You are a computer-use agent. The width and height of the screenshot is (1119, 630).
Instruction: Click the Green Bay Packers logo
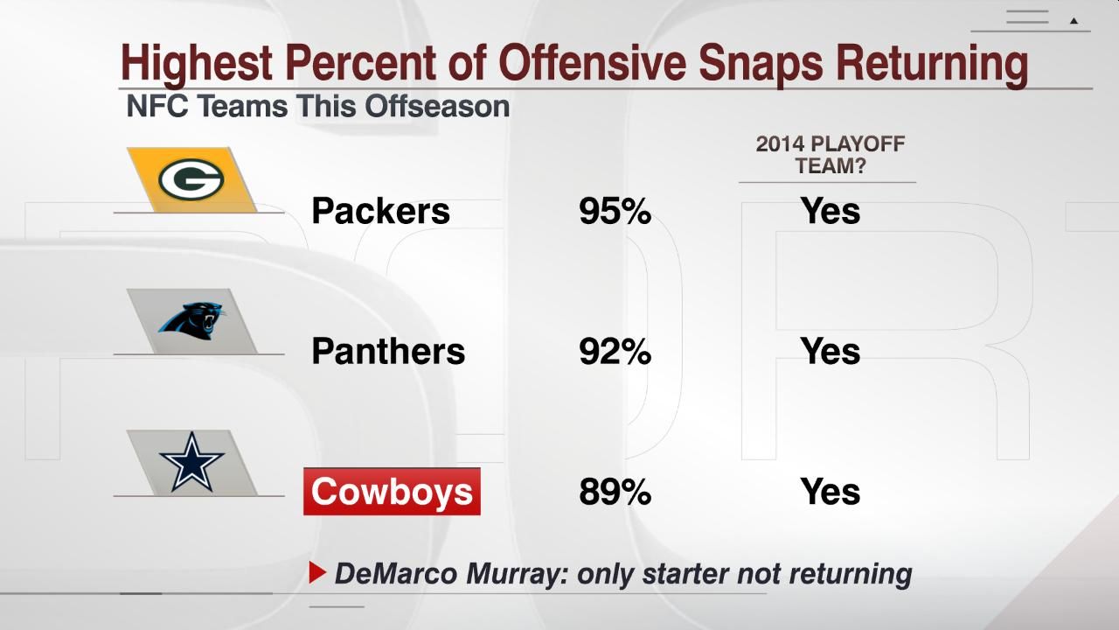coord(191,179)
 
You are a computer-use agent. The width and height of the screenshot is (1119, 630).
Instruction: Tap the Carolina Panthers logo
coord(191,320)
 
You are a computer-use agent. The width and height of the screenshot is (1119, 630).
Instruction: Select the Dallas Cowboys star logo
coord(191,462)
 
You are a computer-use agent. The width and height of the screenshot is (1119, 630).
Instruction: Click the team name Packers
coord(380,211)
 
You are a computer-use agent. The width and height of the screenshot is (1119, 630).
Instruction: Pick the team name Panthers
coord(388,352)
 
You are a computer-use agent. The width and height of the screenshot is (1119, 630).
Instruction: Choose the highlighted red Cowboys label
coord(392,492)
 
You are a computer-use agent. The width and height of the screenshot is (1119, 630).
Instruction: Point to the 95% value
coord(615,211)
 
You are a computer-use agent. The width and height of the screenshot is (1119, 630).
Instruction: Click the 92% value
coord(615,352)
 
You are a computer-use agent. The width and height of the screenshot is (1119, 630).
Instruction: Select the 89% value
coord(615,492)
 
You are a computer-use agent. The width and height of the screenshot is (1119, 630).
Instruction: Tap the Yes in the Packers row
coord(830,211)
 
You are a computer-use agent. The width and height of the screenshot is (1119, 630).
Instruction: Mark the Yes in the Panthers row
coord(830,352)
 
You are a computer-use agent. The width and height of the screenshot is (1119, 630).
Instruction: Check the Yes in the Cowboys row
coord(830,492)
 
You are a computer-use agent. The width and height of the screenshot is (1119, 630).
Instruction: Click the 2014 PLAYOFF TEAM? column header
coord(830,154)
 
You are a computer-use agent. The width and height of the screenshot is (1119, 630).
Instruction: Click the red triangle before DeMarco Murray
coord(317,573)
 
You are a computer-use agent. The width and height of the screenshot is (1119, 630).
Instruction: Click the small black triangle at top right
coord(1074,20)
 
